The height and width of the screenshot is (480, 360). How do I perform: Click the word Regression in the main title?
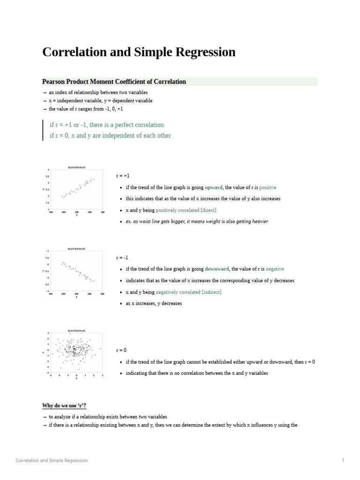coord(204,52)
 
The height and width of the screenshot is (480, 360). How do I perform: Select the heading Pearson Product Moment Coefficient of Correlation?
coord(114,82)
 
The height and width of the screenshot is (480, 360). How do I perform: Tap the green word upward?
coord(213,187)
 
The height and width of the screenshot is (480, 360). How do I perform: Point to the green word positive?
coord(268,187)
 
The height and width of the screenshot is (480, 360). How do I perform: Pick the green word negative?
coord(274,269)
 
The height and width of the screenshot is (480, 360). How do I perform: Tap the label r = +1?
coord(122,176)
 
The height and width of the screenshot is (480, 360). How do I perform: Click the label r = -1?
coord(122,258)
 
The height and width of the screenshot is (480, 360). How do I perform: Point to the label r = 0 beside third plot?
coord(121,351)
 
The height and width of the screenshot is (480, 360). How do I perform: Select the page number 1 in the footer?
coord(343,460)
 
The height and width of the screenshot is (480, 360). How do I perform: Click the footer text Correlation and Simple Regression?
coord(52,460)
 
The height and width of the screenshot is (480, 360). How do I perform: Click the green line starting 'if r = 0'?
coord(110,135)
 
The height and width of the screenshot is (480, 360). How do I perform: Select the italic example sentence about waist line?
coord(197,221)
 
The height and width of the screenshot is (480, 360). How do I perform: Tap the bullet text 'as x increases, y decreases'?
coord(154,303)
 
